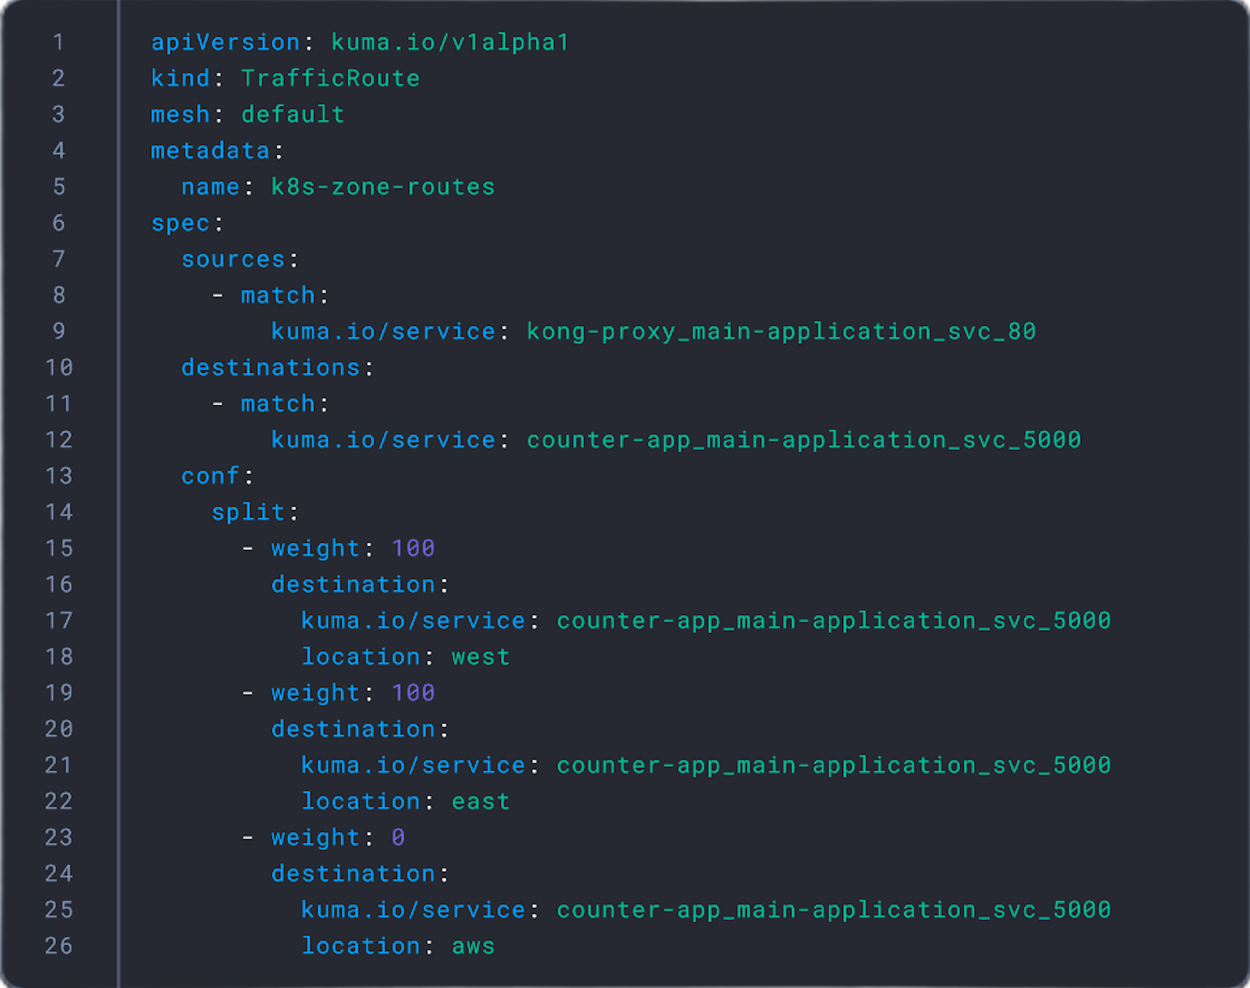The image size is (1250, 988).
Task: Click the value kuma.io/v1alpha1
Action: pos(450,43)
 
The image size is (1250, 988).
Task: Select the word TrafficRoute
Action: pos(331,79)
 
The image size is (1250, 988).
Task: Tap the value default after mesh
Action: pos(293,115)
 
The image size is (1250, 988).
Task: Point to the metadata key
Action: pos(210,151)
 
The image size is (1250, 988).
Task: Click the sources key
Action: pos(233,260)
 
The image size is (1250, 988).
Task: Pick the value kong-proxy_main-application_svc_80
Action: pos(781,332)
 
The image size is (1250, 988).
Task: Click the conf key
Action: pos(210,476)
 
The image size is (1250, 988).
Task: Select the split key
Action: pos(248,513)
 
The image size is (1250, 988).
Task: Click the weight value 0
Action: pos(398,838)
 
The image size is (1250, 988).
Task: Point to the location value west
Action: pos(480,657)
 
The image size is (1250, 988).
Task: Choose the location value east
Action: pos(480,802)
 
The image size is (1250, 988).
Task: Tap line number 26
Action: pos(59,946)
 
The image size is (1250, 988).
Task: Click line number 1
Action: pos(59,42)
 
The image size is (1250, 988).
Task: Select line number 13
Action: pos(59,476)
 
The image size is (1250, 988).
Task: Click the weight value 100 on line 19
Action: pos(413,693)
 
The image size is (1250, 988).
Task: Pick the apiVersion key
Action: pos(225,43)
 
